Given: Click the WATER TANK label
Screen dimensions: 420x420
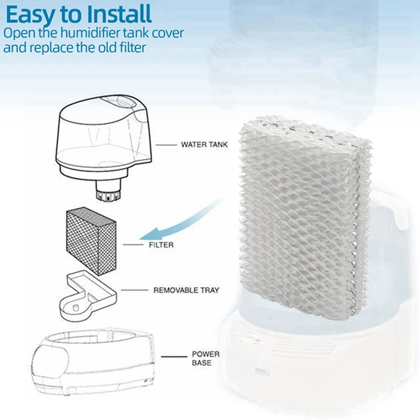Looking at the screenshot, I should point(204,144).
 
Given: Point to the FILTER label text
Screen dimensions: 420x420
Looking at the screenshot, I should point(161,245).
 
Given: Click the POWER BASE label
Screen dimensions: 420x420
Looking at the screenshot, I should point(205,359).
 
